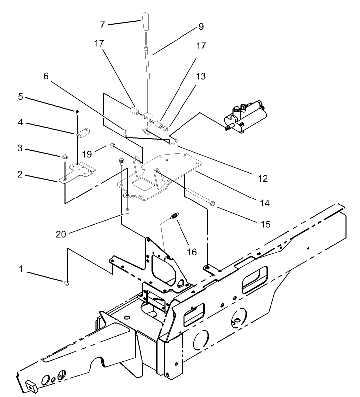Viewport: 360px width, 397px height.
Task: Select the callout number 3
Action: pos(21,148)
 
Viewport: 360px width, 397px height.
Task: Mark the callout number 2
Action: pos(21,175)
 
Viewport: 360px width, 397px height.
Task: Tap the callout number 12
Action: pos(263,178)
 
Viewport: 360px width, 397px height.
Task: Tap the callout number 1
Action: pos(21,270)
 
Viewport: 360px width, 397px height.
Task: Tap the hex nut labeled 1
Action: pos(66,283)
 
